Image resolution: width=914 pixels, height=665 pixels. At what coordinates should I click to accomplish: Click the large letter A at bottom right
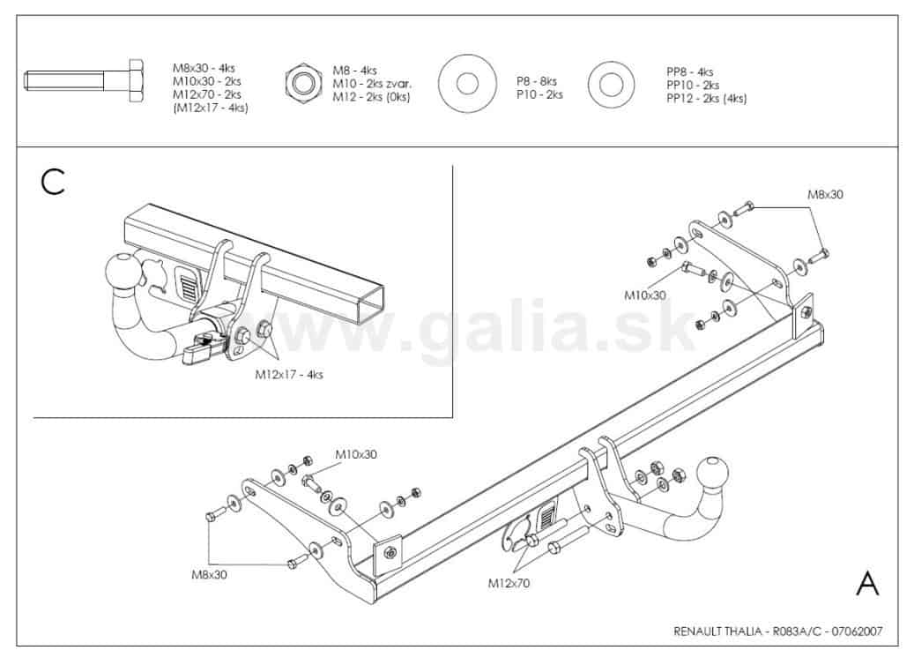click(x=867, y=583)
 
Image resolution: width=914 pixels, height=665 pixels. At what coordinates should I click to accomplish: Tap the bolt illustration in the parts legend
click(x=84, y=80)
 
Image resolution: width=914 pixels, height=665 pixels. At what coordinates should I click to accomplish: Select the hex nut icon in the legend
click(x=303, y=83)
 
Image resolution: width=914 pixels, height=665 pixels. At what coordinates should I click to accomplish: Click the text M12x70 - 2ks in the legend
click(x=207, y=94)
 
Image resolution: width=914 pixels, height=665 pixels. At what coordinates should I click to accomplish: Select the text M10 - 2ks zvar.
click(x=372, y=84)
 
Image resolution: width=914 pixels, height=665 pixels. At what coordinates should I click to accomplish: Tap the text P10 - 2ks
click(x=539, y=94)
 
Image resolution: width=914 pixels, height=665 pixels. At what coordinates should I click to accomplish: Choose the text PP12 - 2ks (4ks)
click(x=707, y=99)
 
